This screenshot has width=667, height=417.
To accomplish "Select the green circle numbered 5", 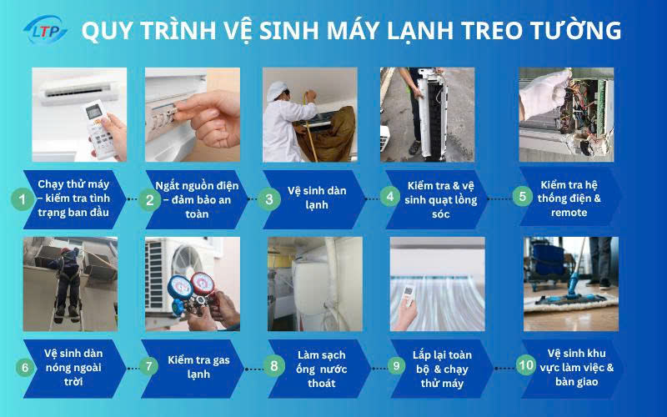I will [x=522, y=198].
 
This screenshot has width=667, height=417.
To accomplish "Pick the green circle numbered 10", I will [x=525, y=364].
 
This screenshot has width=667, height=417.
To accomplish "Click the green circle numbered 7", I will [x=149, y=365].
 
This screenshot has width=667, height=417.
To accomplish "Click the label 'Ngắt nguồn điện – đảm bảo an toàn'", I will [x=193, y=199].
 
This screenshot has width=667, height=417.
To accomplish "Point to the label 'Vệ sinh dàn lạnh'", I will [x=317, y=198].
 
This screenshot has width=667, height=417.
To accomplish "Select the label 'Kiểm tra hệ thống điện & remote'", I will [x=570, y=198].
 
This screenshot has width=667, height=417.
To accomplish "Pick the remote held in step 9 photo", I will [x=409, y=294].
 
